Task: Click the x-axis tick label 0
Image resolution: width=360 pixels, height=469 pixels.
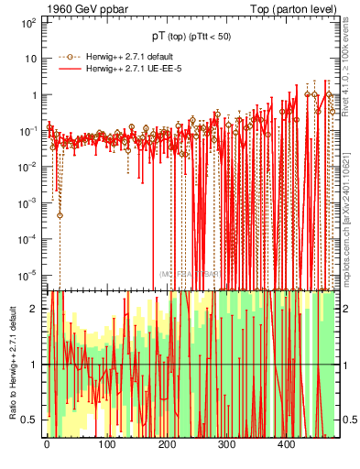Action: point(47,445)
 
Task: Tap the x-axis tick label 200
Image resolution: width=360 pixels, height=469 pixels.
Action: point(166,445)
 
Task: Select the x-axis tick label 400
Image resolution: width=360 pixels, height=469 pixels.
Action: point(286,445)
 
